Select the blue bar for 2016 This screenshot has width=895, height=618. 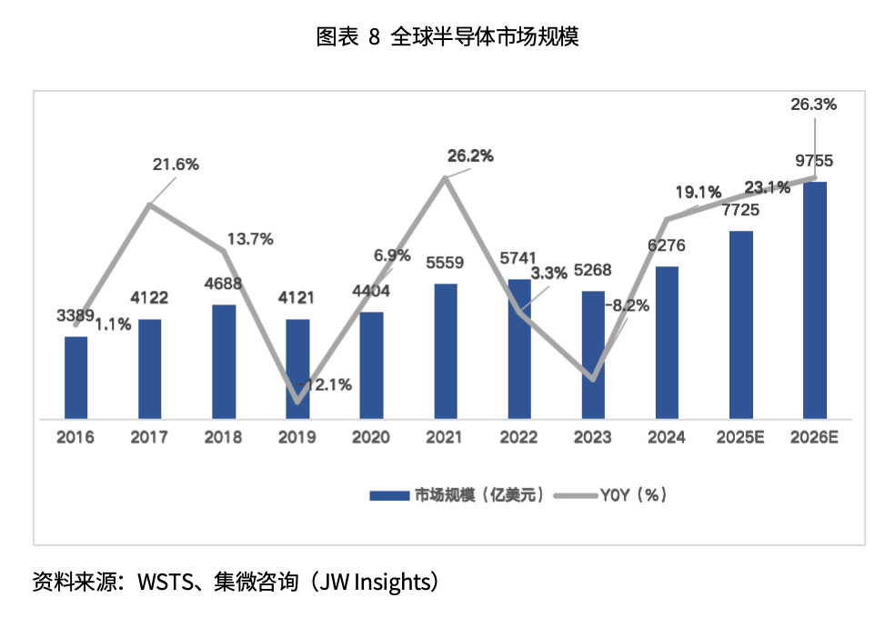[75, 378]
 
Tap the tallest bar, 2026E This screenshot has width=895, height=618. [815, 300]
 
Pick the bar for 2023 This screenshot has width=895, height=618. [593, 355]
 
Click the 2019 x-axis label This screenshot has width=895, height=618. [297, 437]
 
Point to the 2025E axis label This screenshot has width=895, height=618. [740, 437]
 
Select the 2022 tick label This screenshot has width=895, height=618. [519, 437]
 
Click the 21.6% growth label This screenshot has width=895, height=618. [176, 164]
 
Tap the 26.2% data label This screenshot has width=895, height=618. [470, 156]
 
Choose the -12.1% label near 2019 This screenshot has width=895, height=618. [327, 384]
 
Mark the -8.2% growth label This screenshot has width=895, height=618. [627, 305]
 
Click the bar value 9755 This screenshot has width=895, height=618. [814, 162]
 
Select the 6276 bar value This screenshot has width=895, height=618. [667, 244]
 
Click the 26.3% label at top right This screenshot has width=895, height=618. [814, 105]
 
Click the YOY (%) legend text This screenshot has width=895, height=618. [634, 495]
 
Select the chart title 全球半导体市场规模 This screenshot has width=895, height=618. [485, 37]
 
